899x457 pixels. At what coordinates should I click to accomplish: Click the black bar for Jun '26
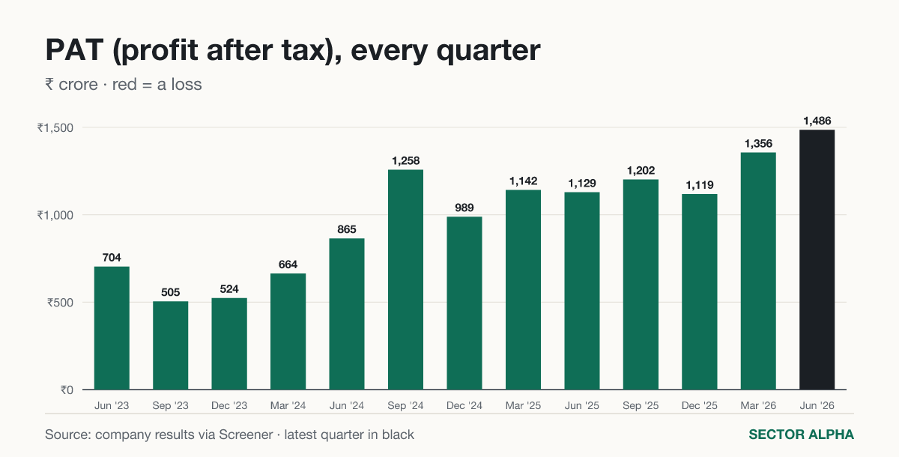coord(817,260)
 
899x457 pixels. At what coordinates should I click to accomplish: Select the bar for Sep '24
coord(405,279)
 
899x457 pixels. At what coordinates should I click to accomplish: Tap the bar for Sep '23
coord(170,345)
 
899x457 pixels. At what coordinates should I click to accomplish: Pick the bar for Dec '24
coord(464,303)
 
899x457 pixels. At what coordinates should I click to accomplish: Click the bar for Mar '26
coord(758,271)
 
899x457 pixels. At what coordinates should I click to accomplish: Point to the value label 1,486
coord(817,121)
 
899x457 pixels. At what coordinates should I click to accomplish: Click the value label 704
coord(112,258)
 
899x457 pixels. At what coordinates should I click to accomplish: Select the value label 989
coord(464,208)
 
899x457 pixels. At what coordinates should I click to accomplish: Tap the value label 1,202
coord(641,171)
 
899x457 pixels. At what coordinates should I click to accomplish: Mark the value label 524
coord(229,289)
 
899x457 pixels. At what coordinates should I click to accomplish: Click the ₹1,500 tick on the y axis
coord(55,128)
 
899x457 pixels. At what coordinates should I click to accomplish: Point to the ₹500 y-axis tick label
coord(60,303)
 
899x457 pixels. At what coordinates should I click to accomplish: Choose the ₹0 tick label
coord(67,390)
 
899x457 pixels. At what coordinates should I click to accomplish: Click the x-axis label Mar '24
coord(288,405)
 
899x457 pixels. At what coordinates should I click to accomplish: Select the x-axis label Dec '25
coord(699,405)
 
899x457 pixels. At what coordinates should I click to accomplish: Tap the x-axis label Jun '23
coord(112,405)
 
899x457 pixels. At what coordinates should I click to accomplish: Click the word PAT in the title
coord(75,50)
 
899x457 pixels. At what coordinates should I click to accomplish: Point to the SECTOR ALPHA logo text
coord(801,435)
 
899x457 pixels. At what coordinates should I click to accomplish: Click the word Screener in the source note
coord(246,435)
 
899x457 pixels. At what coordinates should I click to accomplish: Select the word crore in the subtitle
coord(78,85)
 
